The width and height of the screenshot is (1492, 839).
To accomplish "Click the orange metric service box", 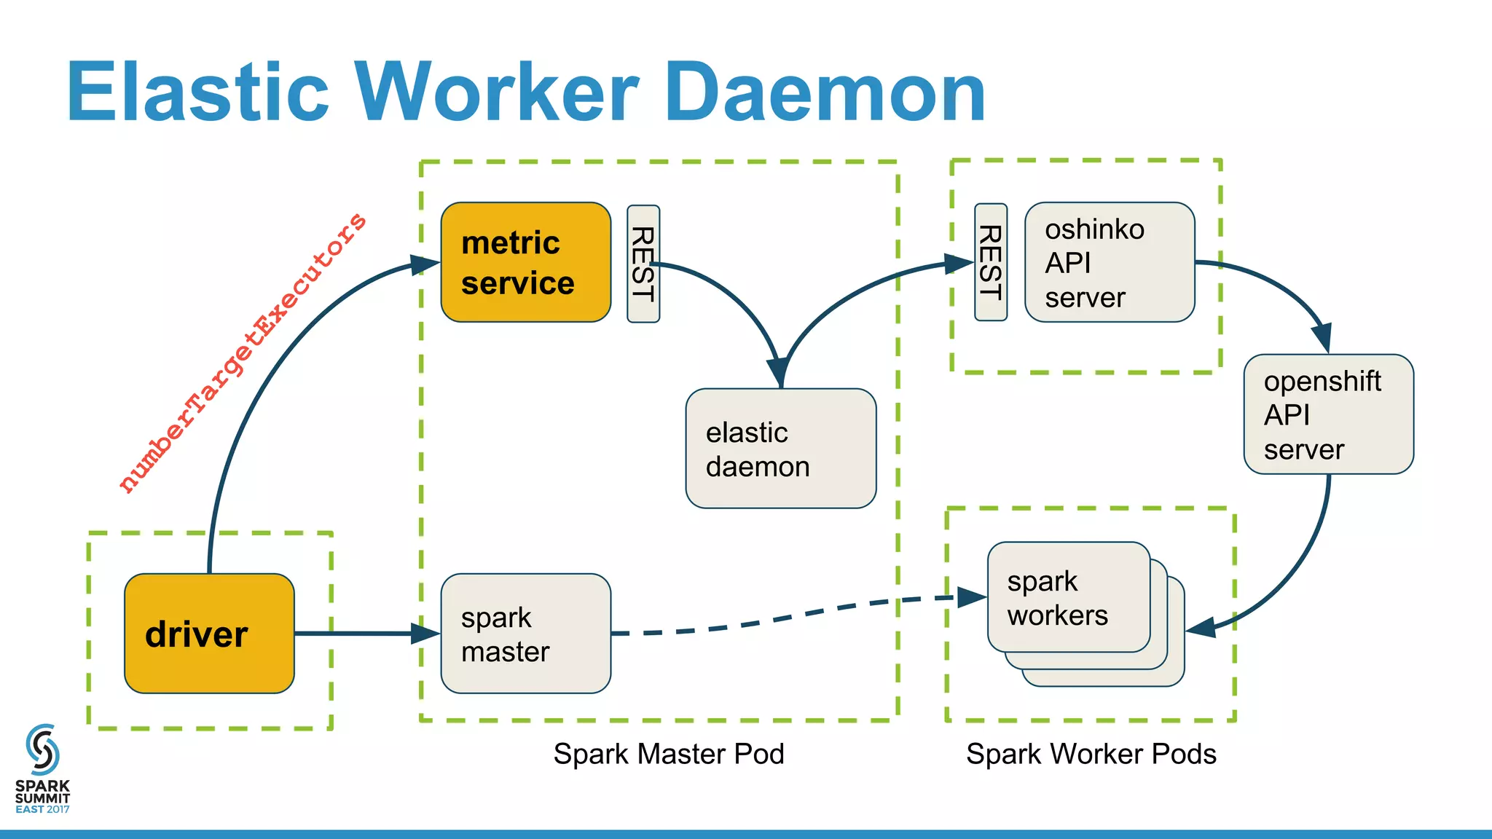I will point(525,262).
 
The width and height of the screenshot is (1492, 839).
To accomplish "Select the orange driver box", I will point(209,633).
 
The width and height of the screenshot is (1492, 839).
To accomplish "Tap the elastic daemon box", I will point(780,449).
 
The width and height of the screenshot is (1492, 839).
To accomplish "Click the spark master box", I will point(525,633).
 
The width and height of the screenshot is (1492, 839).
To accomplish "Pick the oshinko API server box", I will point(1109,262).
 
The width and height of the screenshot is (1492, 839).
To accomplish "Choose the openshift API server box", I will point(1328,414).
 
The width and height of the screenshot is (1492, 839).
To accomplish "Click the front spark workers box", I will point(1068,597).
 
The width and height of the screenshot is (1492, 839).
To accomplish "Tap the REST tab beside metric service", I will point(643,264).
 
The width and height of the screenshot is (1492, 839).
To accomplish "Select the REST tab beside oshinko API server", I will point(991,262).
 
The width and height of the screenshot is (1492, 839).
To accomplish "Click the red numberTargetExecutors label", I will point(243,353).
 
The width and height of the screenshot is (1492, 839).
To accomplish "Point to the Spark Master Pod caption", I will point(668,754).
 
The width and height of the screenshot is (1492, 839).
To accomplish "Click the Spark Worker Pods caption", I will point(1091,754).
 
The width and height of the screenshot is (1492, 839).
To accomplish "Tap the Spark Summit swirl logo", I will point(42,749).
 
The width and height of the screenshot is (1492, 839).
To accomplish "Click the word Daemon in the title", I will point(825,92).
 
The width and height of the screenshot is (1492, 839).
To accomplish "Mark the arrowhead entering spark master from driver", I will point(426,633).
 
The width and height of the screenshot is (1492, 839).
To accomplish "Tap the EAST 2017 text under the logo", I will point(42,809).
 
